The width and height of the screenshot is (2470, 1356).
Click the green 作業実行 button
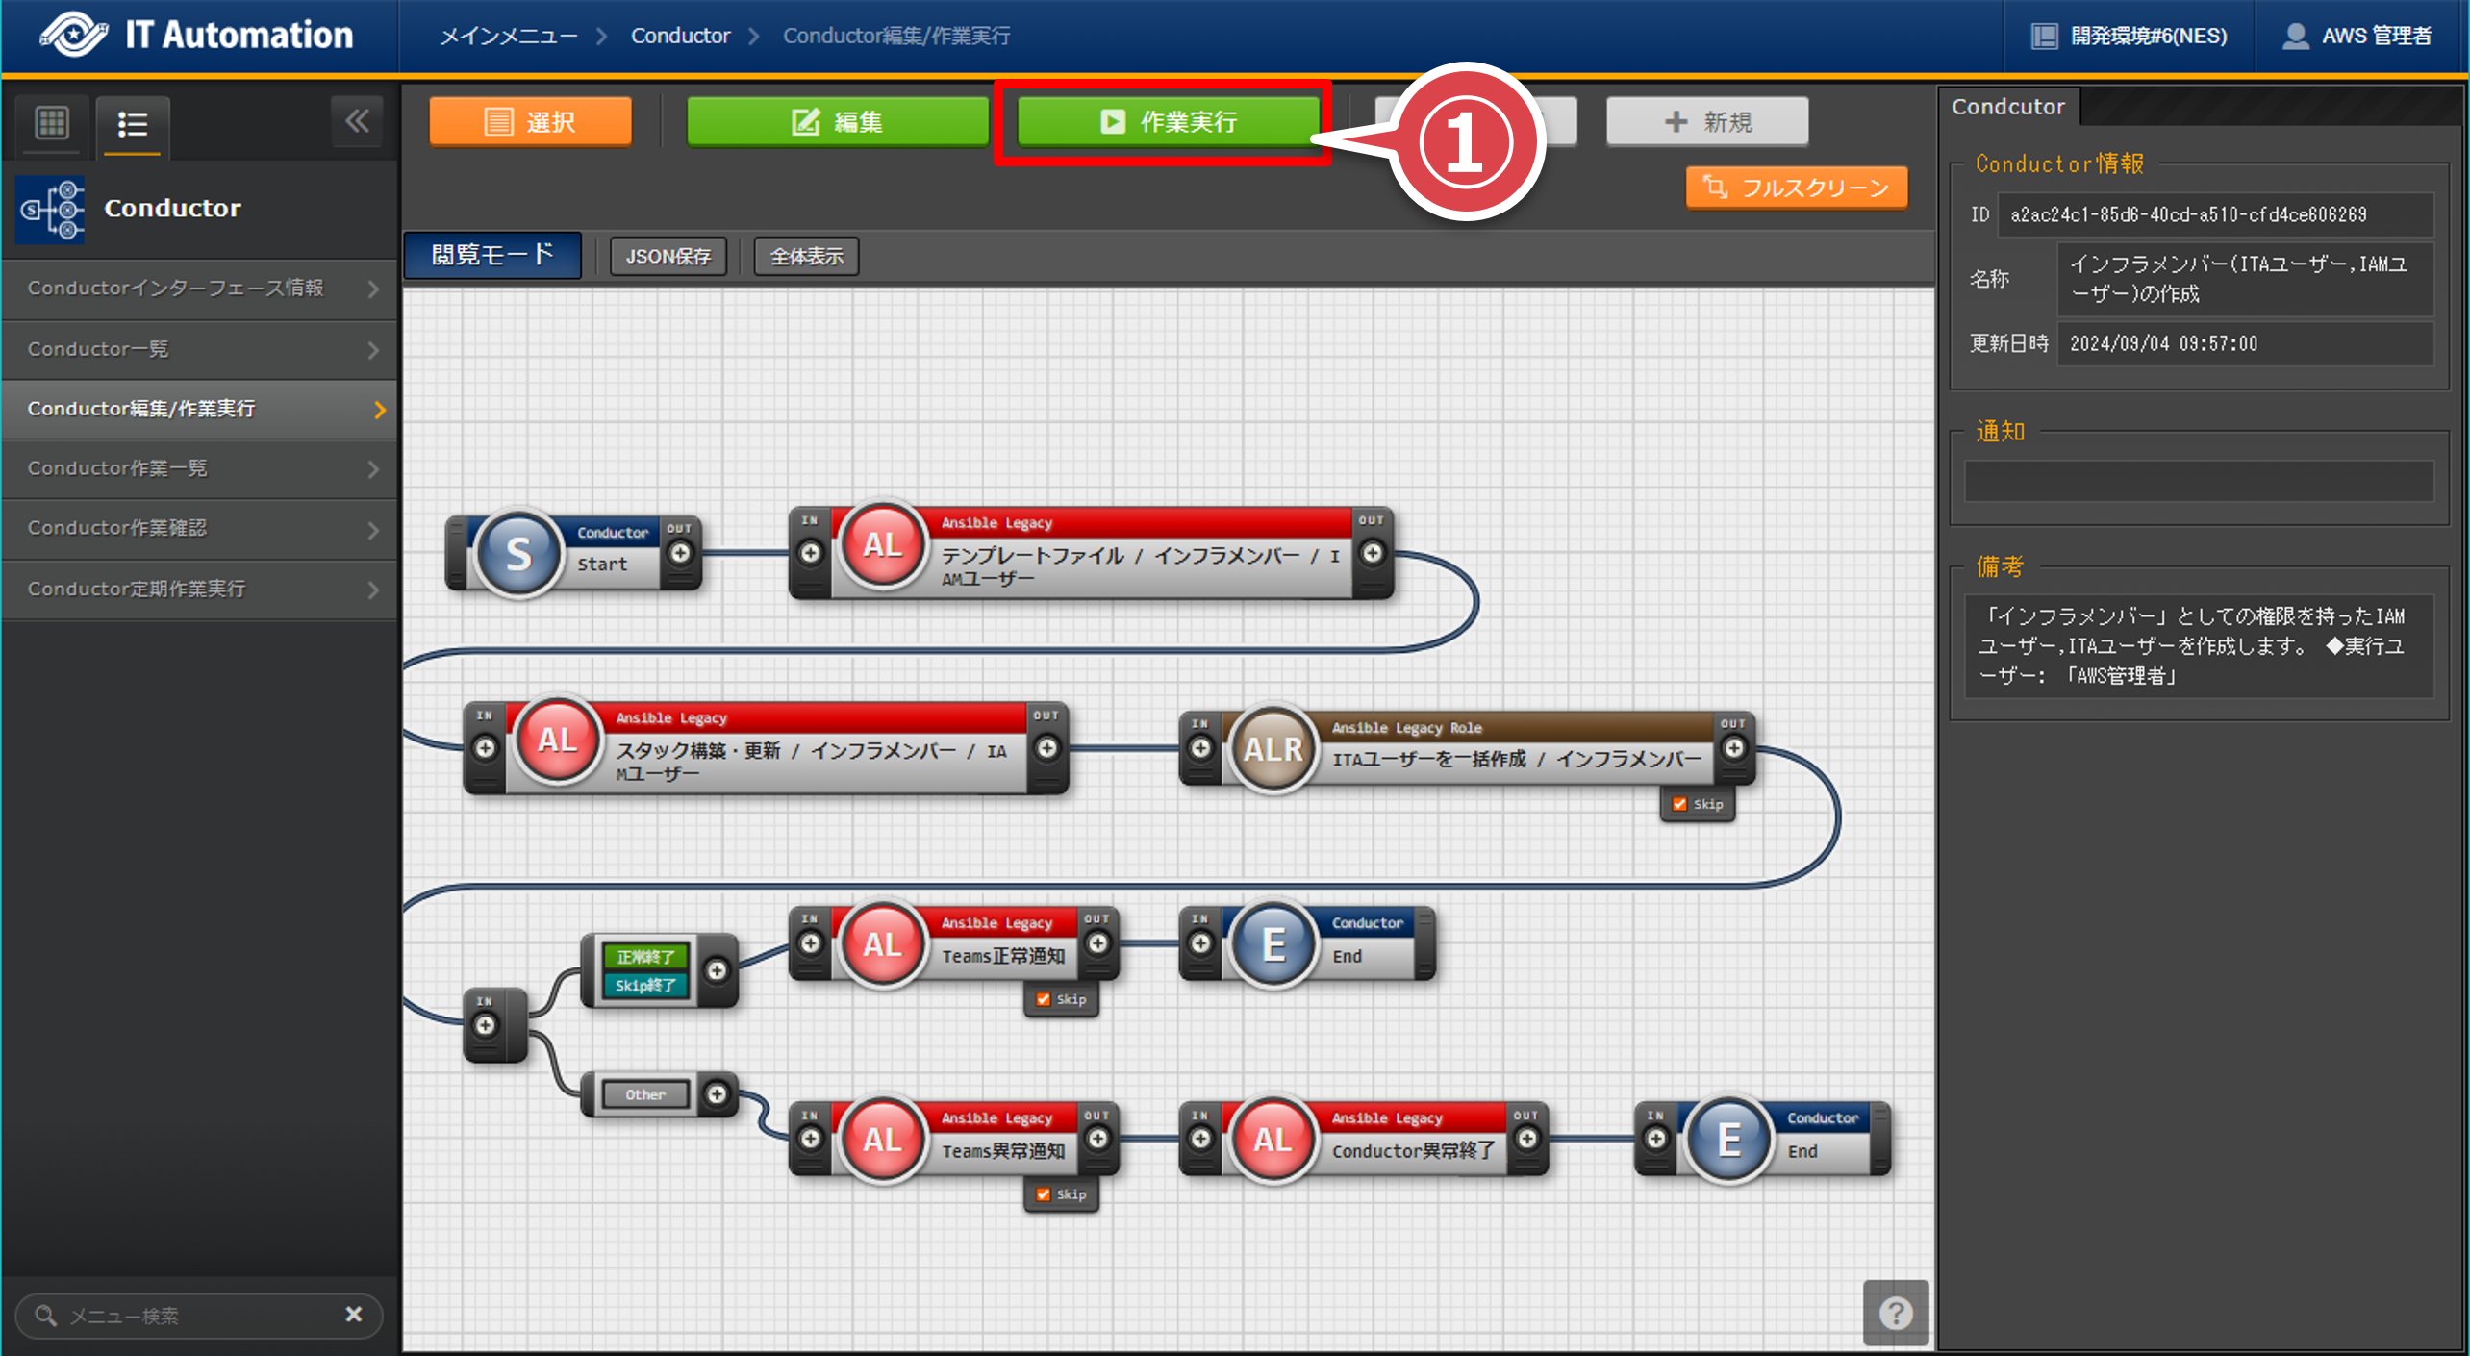click(x=1168, y=122)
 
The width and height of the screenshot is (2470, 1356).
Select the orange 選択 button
click(x=530, y=122)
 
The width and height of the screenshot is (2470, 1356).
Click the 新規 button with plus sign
click(x=1707, y=122)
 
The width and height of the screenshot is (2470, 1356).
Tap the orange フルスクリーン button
click(x=1796, y=188)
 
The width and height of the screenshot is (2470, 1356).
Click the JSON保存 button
click(x=668, y=257)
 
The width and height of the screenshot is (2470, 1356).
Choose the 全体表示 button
click(x=806, y=257)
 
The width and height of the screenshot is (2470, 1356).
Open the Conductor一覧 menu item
click(x=200, y=349)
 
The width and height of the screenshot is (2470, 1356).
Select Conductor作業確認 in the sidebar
click(x=200, y=528)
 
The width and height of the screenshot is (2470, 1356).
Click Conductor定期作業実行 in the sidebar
click(x=200, y=589)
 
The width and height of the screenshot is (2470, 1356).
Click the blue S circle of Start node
click(x=518, y=554)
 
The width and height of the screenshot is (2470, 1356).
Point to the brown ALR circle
click(x=1273, y=749)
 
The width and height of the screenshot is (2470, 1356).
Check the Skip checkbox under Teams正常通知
click(x=1044, y=999)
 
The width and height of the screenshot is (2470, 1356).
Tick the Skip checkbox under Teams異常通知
click(x=1044, y=1194)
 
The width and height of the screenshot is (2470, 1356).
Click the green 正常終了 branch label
click(x=644, y=957)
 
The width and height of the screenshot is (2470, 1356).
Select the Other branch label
click(x=644, y=1094)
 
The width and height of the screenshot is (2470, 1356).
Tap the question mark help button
click(x=1896, y=1313)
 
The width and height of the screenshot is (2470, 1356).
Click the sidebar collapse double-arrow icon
click(x=357, y=121)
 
